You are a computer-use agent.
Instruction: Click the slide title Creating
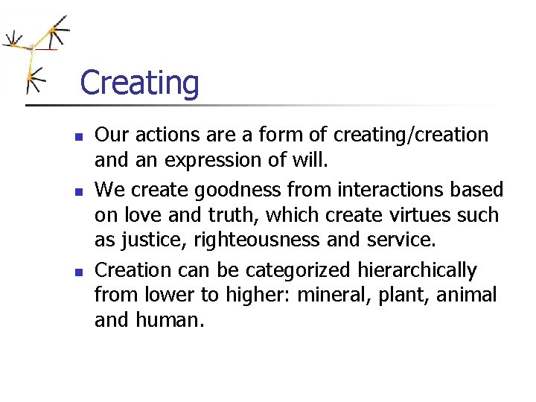click(x=139, y=83)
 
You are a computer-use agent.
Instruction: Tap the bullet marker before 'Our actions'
click(x=77, y=136)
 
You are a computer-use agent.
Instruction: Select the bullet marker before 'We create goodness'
click(x=77, y=191)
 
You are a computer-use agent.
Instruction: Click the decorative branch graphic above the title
click(x=36, y=53)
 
